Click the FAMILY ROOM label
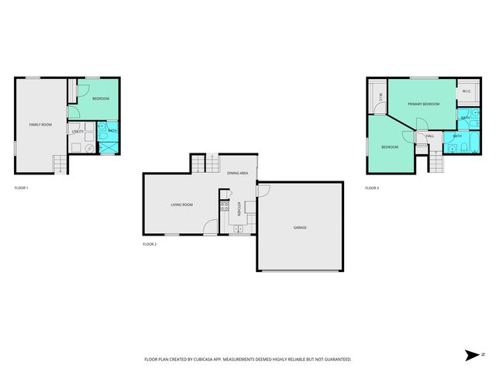coord(40,125)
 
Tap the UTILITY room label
coord(77,132)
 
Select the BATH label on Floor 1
coord(112,131)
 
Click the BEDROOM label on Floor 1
coord(101,99)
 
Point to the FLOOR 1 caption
coord(21,188)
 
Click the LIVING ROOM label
coord(181,205)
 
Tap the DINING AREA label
coord(237,173)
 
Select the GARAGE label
coord(300,227)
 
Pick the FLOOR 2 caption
coord(150,244)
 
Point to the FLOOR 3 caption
coord(372,188)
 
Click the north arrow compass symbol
coord(472,355)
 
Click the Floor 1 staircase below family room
coord(58,165)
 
